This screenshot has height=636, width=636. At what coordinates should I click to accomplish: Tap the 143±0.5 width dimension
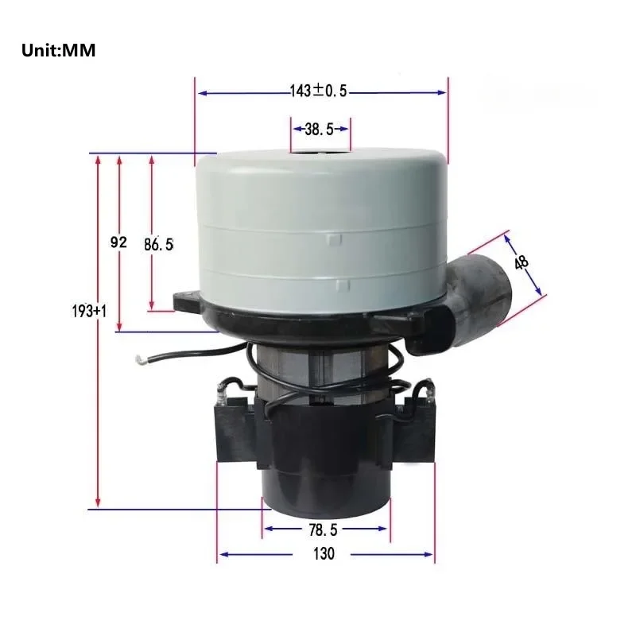click(319, 92)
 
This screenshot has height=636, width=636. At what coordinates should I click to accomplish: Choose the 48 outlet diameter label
click(522, 262)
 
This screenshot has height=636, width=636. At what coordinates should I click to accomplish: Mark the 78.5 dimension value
click(324, 528)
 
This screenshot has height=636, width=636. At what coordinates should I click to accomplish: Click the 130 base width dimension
click(324, 554)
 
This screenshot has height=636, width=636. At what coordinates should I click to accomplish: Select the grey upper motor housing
click(322, 231)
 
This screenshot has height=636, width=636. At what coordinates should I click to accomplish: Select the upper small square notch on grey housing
click(335, 238)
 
